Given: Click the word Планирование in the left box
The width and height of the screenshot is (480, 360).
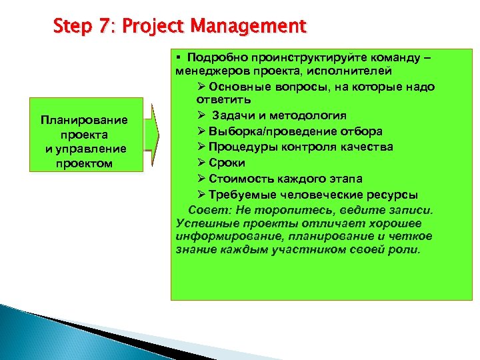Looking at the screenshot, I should pyautogui.click(x=84, y=120).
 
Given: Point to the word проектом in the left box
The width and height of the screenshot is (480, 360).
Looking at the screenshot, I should pyautogui.click(x=84, y=164).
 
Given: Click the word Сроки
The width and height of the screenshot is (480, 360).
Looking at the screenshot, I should pyautogui.click(x=227, y=163).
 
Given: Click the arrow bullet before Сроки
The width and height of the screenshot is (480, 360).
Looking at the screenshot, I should pyautogui.click(x=201, y=163).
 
